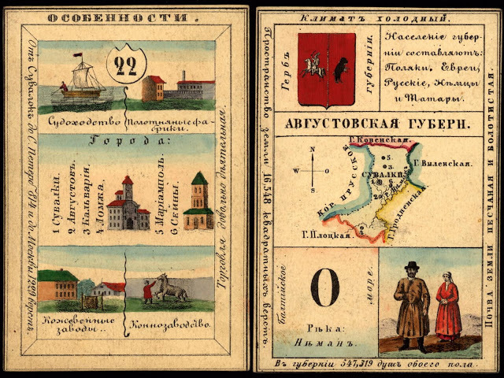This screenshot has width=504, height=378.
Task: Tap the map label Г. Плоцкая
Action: pyautogui.click(x=319, y=234)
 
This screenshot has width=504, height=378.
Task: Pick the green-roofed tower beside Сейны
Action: pyautogui.click(x=198, y=201)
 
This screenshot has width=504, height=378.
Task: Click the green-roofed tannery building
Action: pyautogui.click(x=58, y=285)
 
